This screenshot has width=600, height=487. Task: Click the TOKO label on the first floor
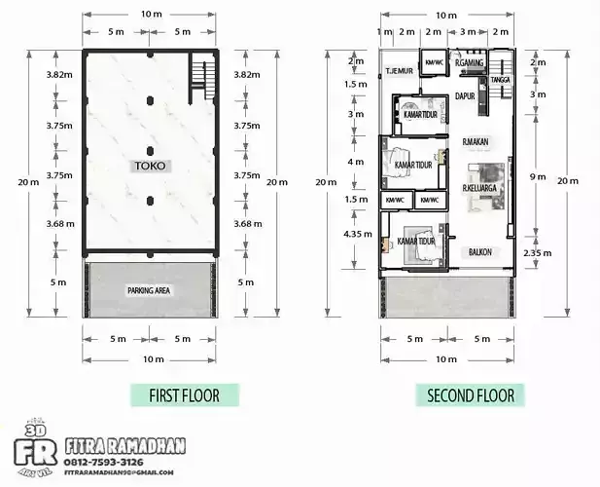coord(150,167)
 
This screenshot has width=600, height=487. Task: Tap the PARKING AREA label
coord(150,290)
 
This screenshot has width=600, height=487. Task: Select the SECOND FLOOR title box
coord(471,394)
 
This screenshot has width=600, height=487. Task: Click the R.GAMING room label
coord(469,63)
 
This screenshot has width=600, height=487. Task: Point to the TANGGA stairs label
coord(500,80)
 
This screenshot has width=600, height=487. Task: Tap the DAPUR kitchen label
coord(464,96)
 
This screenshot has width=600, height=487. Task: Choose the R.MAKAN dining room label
coord(475,142)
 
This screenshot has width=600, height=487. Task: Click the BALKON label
coord(479,251)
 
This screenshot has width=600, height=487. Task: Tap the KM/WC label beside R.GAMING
coord(433,63)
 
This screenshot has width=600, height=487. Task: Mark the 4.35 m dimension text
coord(356,234)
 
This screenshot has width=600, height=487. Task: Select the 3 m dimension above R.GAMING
coord(468,31)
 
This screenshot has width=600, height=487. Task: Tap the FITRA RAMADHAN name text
coord(124,446)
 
